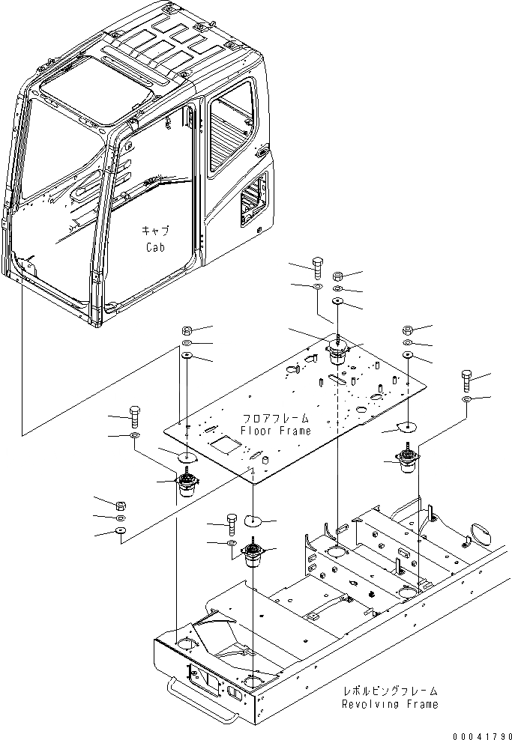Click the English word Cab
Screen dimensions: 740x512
click(154, 247)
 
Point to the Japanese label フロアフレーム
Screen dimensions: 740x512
click(275, 418)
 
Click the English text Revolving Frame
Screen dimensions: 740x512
click(390, 705)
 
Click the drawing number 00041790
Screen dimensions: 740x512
click(480, 733)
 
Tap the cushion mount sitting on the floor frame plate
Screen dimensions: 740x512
click(338, 350)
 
